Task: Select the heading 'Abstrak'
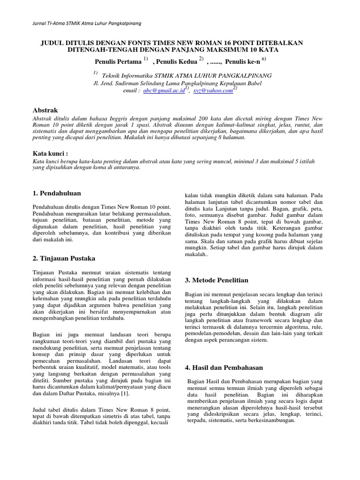pyautogui.click(x=45, y=109)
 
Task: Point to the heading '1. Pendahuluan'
pyautogui.click(x=57, y=193)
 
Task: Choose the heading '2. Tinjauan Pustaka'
pyautogui.click(x=63, y=258)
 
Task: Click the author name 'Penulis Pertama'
pyautogui.click(x=118, y=61)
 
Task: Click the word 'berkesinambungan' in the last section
pyautogui.click(x=270, y=420)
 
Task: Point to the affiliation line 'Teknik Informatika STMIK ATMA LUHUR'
pyautogui.click(x=186, y=75)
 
